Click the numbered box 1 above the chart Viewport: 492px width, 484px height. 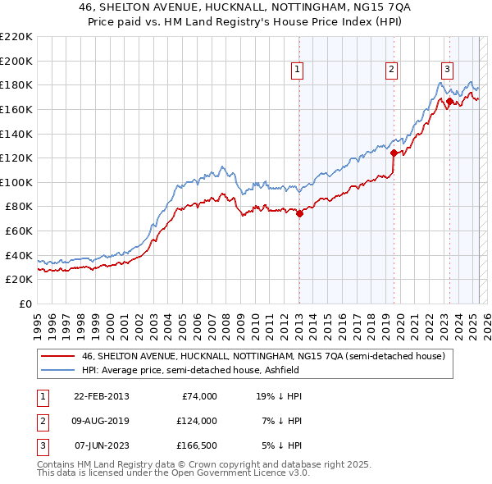(x=296, y=70)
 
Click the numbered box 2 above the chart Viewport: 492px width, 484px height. (x=392, y=70)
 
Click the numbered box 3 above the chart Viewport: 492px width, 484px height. (x=448, y=70)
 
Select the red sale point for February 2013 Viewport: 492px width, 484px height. (x=299, y=214)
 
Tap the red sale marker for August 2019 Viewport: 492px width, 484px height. (x=394, y=153)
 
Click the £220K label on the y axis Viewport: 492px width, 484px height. (x=16, y=37)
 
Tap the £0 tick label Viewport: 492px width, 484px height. (x=25, y=304)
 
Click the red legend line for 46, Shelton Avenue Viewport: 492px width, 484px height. (x=57, y=357)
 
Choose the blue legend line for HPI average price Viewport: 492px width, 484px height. (x=57, y=371)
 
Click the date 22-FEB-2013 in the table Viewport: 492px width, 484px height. (x=101, y=396)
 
